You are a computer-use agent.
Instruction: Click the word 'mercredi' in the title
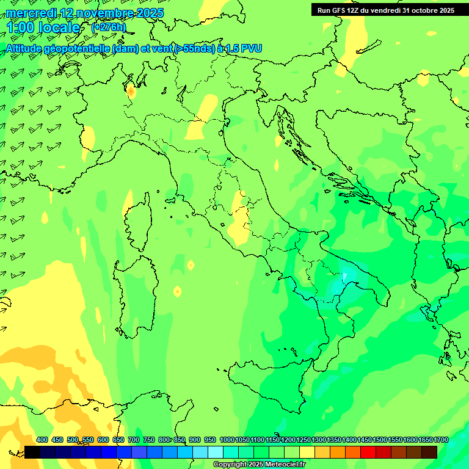tap(31, 13)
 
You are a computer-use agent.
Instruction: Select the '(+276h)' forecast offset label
tap(109, 27)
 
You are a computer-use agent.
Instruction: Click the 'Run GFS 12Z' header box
tap(386, 10)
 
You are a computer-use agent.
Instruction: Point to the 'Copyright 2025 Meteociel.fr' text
tap(259, 465)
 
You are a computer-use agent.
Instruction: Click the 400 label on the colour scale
tap(42, 440)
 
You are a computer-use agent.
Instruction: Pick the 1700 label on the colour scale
tap(441, 440)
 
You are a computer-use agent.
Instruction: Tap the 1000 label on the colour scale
tap(227, 440)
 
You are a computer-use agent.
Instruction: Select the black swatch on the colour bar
tap(32, 452)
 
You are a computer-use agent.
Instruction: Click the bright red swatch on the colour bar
tap(368, 452)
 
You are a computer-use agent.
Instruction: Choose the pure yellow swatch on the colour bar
tap(307, 452)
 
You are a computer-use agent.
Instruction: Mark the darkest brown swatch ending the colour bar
tap(429, 452)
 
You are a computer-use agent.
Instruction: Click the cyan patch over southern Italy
tap(350, 273)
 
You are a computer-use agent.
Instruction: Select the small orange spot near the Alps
tap(131, 92)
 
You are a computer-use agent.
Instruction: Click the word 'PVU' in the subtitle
tap(250, 48)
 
